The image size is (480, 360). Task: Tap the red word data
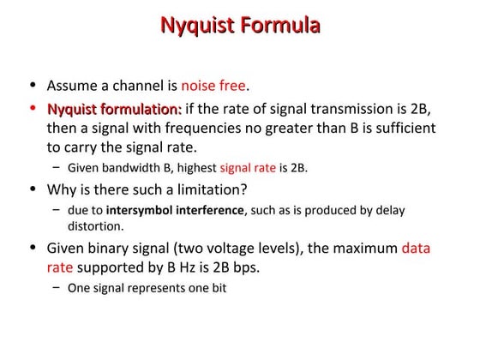(x=416, y=249)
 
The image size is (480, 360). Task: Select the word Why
(x=61, y=189)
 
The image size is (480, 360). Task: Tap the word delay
(x=389, y=209)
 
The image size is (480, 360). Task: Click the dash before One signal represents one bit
(x=56, y=288)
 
